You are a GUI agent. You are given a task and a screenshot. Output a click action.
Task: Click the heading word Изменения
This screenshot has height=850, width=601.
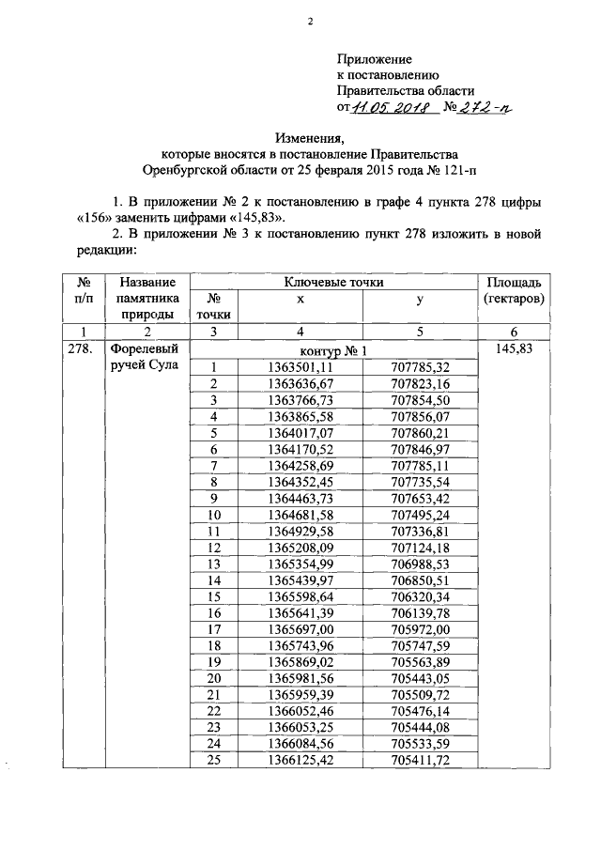pos(307,137)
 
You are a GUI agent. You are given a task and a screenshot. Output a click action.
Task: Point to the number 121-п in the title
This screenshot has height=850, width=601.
pos(457,171)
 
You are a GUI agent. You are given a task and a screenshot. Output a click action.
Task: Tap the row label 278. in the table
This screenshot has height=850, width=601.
pos(80,349)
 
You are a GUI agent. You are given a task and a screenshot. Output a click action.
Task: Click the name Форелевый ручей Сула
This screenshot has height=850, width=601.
pos(146,358)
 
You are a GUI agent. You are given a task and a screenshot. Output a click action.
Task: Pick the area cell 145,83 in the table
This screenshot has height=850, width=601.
pos(514,349)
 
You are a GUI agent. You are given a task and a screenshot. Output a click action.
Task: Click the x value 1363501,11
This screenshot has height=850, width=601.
pos(300,366)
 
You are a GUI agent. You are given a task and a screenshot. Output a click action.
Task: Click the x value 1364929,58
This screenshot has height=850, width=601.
pos(300,531)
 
